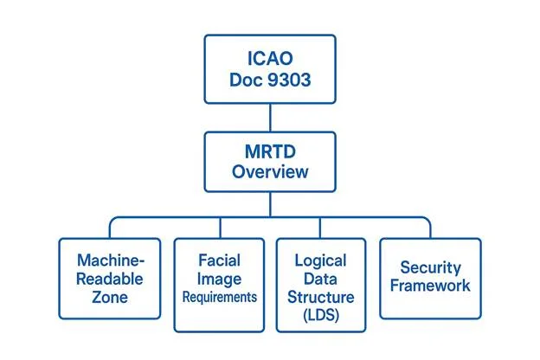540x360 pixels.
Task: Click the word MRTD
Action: [x=269, y=151]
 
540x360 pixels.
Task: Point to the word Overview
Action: [x=269, y=171]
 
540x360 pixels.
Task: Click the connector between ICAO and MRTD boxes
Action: [x=269, y=118]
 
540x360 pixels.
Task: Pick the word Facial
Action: [x=219, y=259]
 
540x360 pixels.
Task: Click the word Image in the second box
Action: [x=219, y=278]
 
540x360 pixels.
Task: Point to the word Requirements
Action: [x=219, y=297]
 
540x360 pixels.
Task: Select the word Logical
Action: [x=320, y=260]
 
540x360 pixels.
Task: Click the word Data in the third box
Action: [x=320, y=278]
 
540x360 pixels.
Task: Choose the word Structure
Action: [x=320, y=297]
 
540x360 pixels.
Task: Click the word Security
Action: [x=429, y=268]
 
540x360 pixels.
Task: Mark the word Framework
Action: [x=429, y=286]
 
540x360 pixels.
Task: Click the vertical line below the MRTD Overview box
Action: [x=269, y=203]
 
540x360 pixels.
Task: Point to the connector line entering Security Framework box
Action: [x=430, y=228]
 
